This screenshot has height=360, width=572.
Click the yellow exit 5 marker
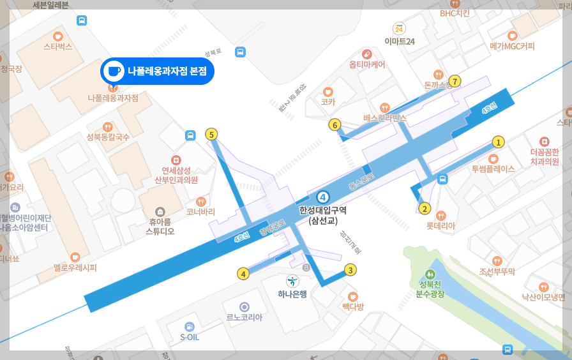212,135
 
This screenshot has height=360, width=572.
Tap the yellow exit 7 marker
455,81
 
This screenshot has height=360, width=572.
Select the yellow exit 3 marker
350,270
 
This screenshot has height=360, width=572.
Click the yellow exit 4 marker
243,274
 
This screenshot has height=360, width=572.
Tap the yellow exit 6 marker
335,125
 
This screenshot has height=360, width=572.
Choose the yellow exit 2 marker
425,208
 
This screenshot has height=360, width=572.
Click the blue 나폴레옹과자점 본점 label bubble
157,71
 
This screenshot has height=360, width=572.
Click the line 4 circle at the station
323,197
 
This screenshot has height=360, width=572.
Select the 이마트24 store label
400,41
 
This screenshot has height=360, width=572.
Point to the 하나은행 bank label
292,294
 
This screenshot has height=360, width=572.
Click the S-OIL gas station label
189,337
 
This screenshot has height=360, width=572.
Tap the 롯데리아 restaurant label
440,226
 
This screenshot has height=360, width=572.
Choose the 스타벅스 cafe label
58,47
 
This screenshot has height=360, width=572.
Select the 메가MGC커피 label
512,46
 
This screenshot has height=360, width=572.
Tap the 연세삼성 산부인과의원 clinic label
176,175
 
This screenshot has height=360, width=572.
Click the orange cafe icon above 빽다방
352,296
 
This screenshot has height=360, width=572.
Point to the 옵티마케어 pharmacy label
366,64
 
